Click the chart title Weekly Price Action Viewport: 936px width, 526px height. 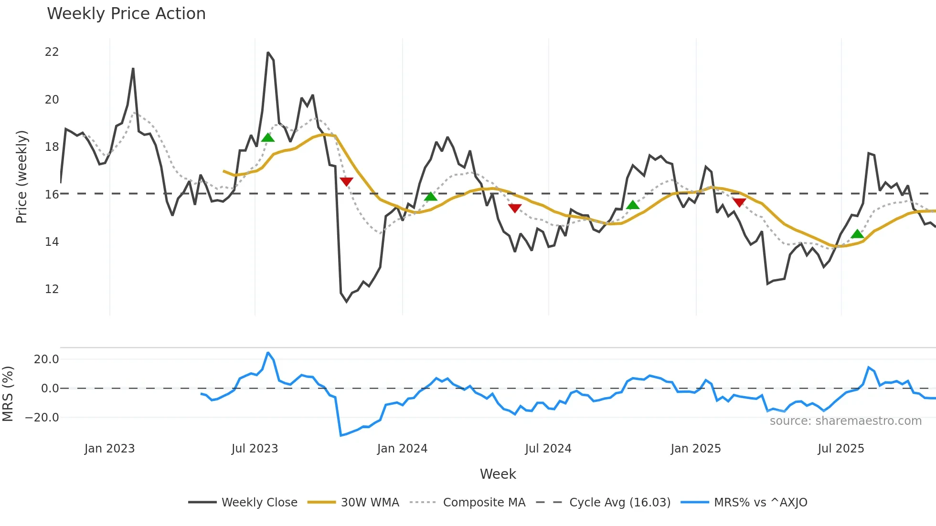pos(126,14)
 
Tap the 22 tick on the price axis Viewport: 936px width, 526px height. pos(52,52)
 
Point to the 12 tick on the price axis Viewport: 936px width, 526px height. pos(52,289)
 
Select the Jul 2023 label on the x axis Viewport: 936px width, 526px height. pos(255,449)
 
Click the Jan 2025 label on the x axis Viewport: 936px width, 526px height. pos(695,449)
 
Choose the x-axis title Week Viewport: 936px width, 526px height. pos(498,474)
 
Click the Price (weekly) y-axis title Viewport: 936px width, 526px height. pos(22,177)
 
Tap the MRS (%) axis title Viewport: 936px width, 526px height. pos(8,394)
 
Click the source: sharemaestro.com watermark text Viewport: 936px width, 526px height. pos(845,421)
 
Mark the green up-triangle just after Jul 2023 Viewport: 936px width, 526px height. pos(268,138)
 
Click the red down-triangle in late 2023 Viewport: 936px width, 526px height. pos(346,181)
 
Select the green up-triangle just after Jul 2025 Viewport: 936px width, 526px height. pos(857,234)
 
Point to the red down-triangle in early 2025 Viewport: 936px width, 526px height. pos(739,202)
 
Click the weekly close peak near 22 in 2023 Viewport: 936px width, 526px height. pos(268,53)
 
